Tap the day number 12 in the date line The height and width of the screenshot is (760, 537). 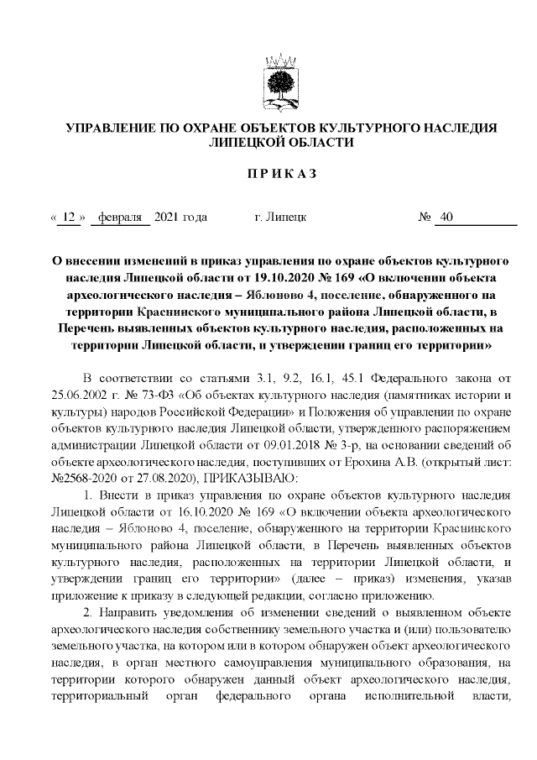70,218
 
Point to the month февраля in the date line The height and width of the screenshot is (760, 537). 120,218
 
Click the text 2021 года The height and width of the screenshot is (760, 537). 181,218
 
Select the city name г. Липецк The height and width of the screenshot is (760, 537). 280,218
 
